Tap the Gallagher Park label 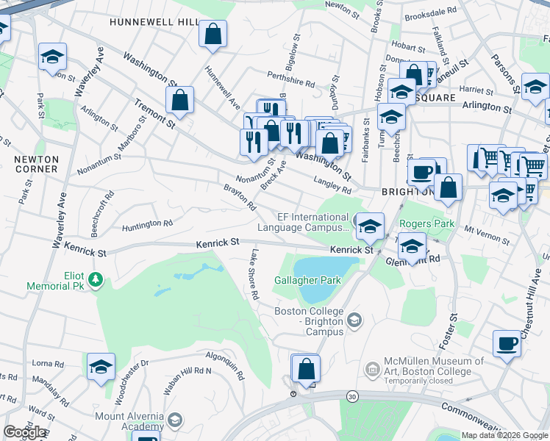click(308, 280)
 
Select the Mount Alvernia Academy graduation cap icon click(174, 420)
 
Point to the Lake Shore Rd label click(254, 274)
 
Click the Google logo click(24, 432)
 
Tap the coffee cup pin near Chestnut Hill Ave click(506, 343)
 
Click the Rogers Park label click(427, 223)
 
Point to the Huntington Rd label click(147, 223)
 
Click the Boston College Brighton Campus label click(309, 321)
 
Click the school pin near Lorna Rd click(101, 367)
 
